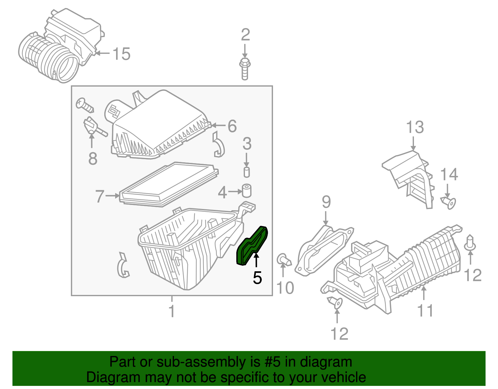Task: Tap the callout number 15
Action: click(121, 54)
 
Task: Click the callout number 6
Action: click(232, 126)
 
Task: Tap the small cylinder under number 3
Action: click(247, 172)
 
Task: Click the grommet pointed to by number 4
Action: click(247, 190)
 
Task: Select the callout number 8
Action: click(93, 159)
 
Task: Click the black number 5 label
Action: click(257, 278)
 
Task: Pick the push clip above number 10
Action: click(283, 260)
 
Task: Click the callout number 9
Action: click(326, 202)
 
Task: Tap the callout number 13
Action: click(415, 127)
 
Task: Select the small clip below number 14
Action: click(449, 202)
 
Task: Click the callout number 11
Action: click(425, 311)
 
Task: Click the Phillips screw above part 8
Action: click(85, 105)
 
